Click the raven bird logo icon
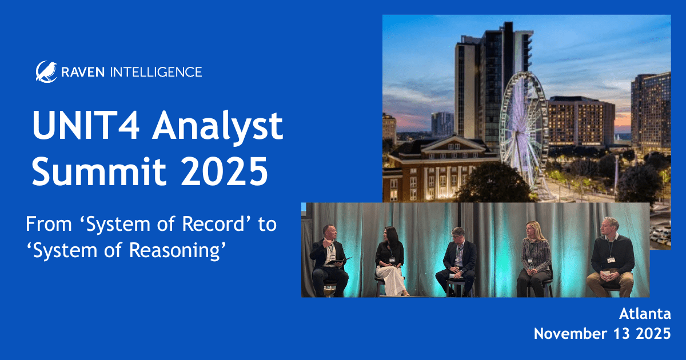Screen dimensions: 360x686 point(46,71)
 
